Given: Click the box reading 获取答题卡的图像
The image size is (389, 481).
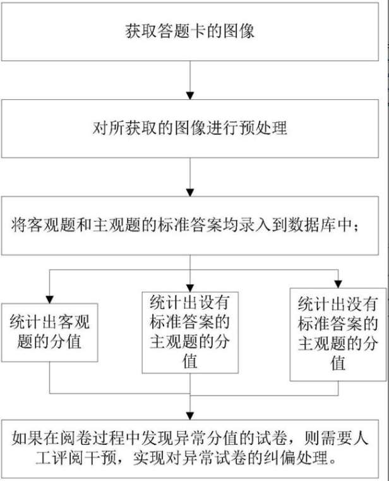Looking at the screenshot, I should point(189,31).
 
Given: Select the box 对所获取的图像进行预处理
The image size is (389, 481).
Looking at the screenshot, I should point(189,128).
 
